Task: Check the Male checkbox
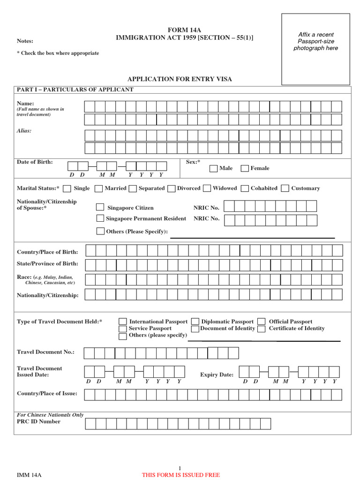[213, 168]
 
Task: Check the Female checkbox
[244, 168]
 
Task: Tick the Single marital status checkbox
[67, 188]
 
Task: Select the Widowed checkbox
[207, 188]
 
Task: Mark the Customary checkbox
[285, 188]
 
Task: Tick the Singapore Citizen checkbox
[100, 207]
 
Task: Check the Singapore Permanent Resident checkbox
[100, 218]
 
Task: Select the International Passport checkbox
[122, 322]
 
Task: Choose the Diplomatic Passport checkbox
[195, 322]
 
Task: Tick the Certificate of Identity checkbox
[262, 329]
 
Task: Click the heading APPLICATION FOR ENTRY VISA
[180, 79]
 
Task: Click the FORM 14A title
[184, 30]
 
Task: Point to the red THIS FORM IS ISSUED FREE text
[181, 475]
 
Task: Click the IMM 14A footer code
[30, 475]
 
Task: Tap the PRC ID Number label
[38, 421]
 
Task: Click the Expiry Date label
[217, 375]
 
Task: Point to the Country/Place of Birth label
[47, 252]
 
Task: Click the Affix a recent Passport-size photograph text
[315, 41]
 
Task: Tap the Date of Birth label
[35, 162]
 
